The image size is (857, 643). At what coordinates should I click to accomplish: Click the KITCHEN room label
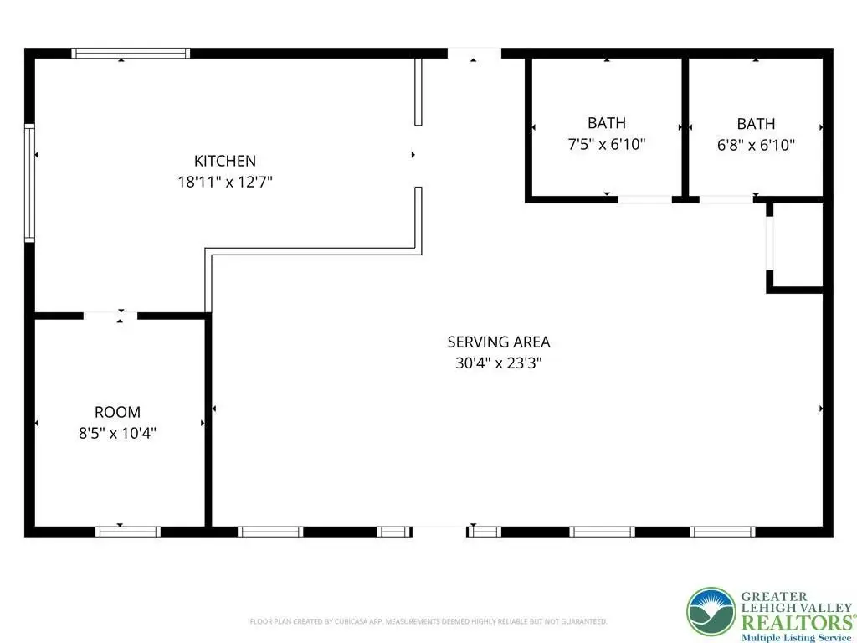click(x=224, y=161)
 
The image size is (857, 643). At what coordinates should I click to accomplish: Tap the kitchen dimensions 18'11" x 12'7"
click(x=224, y=182)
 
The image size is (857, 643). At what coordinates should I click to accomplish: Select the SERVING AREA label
click(x=499, y=342)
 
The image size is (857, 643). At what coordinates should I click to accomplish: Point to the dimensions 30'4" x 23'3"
click(x=499, y=363)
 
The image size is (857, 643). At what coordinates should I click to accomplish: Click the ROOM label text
click(x=117, y=412)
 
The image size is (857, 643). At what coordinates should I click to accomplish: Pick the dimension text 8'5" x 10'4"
click(x=117, y=434)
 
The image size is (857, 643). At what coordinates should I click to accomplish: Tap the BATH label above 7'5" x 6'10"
click(x=607, y=123)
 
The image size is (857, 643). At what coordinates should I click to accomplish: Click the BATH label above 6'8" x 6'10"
click(x=756, y=124)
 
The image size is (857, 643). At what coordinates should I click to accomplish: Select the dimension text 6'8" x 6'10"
click(x=756, y=145)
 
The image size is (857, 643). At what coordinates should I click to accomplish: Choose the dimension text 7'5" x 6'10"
click(x=607, y=144)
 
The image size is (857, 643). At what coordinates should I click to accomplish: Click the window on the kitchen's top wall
click(x=131, y=53)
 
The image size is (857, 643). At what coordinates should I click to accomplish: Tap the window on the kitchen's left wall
click(x=29, y=183)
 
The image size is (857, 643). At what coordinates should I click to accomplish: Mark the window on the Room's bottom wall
click(x=128, y=532)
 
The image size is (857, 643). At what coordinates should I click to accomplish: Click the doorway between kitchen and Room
click(x=110, y=316)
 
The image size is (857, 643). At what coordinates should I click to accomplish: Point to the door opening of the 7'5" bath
click(x=645, y=199)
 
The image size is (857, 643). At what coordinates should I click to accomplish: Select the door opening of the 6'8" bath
click(x=726, y=199)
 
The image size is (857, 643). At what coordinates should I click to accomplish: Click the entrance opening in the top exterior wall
click(x=475, y=53)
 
